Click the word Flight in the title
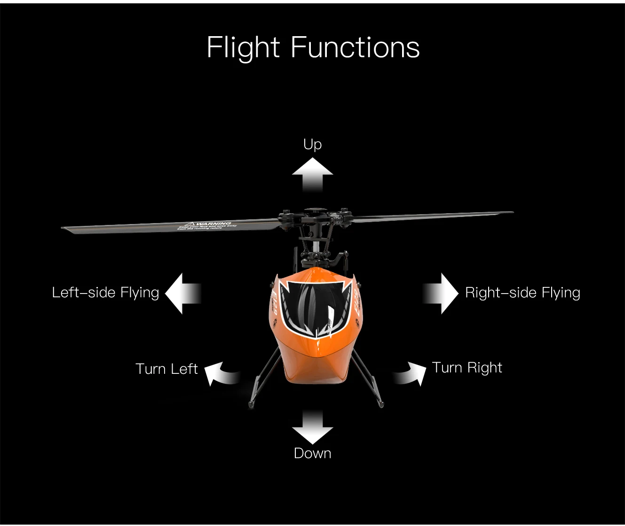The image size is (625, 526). [x=243, y=47]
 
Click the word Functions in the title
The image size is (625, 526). [x=355, y=47]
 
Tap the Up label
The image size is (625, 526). [x=312, y=144]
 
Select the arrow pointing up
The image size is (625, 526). [x=312, y=173]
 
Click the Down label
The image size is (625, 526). [x=312, y=453]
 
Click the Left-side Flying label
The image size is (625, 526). [x=105, y=293]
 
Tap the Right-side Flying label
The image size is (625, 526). [x=522, y=293]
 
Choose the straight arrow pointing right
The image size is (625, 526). [x=441, y=294]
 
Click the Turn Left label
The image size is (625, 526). [x=166, y=369]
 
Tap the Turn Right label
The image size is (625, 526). [x=467, y=367]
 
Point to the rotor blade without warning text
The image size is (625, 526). [x=433, y=216]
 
